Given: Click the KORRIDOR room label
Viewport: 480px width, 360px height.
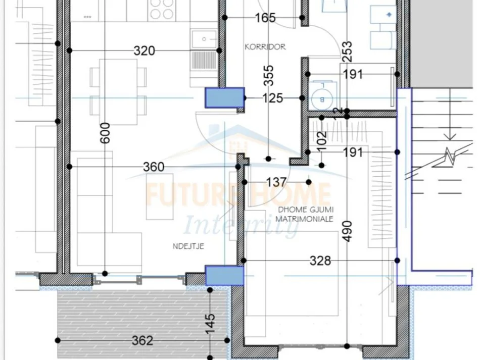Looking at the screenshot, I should click(265, 47).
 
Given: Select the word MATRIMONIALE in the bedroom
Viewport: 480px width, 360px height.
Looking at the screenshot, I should click(304, 219).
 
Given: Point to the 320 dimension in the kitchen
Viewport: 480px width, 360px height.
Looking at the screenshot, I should click(144, 50).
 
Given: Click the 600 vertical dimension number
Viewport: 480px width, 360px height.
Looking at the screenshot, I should click(105, 133).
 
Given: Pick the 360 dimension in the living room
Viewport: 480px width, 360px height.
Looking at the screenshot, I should click(154, 167).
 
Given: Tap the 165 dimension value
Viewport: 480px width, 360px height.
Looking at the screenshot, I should click(265, 18).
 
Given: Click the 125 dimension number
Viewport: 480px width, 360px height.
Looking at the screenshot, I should click(273, 98).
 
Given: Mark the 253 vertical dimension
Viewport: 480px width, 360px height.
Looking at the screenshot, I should click(347, 51).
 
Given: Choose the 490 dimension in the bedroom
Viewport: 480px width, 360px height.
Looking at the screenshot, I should click(347, 231).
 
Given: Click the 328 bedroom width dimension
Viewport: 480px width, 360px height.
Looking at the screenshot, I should click(320, 261).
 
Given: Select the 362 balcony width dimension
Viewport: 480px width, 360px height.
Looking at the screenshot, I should click(142, 340).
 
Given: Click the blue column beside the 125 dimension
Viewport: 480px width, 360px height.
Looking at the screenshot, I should click(224, 97).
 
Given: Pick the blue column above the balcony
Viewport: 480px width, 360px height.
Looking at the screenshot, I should click(224, 276).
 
